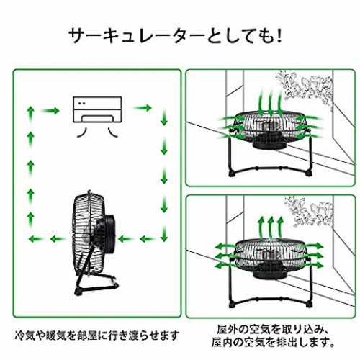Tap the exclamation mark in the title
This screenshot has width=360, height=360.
point(279,37)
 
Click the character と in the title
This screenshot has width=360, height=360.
point(215,37)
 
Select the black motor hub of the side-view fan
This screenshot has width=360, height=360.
point(105,233)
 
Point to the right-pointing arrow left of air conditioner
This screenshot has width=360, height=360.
point(50,111)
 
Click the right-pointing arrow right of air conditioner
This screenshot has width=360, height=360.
point(142,108)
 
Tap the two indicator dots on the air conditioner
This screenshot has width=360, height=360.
point(81,103)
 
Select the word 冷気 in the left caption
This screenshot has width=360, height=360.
point(26,336)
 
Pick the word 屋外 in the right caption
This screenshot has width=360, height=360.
point(228,329)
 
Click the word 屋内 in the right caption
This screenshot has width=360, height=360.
point(222,343)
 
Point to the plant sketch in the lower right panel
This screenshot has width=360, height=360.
point(310,211)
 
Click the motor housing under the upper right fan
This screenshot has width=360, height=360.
point(270,143)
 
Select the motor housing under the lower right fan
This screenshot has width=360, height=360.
point(270,273)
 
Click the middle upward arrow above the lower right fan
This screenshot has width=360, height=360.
point(271,228)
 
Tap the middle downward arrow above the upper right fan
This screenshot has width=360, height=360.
point(271,103)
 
